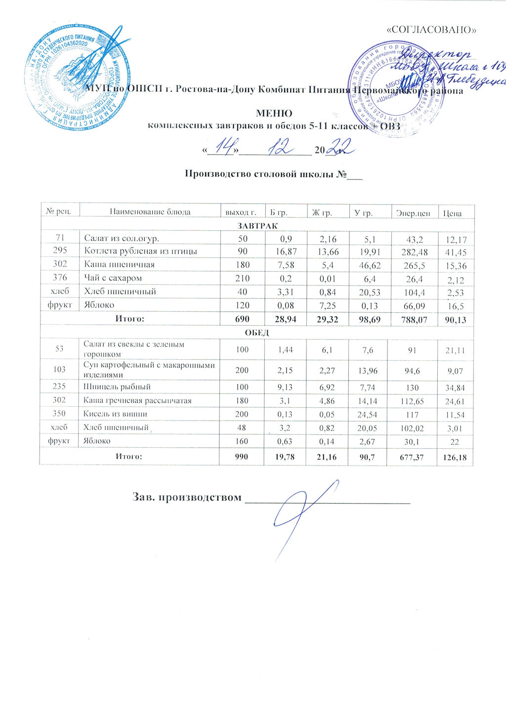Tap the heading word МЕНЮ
pos(274,114)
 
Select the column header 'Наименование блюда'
pos(150,212)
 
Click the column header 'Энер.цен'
pos(413,213)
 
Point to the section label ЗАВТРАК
pos(257,225)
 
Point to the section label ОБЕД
pos(257,333)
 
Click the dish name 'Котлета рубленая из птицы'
pos(140,252)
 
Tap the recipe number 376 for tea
pos(59,278)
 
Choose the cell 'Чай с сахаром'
pos(113,278)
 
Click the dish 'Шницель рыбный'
pos(117,386)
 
